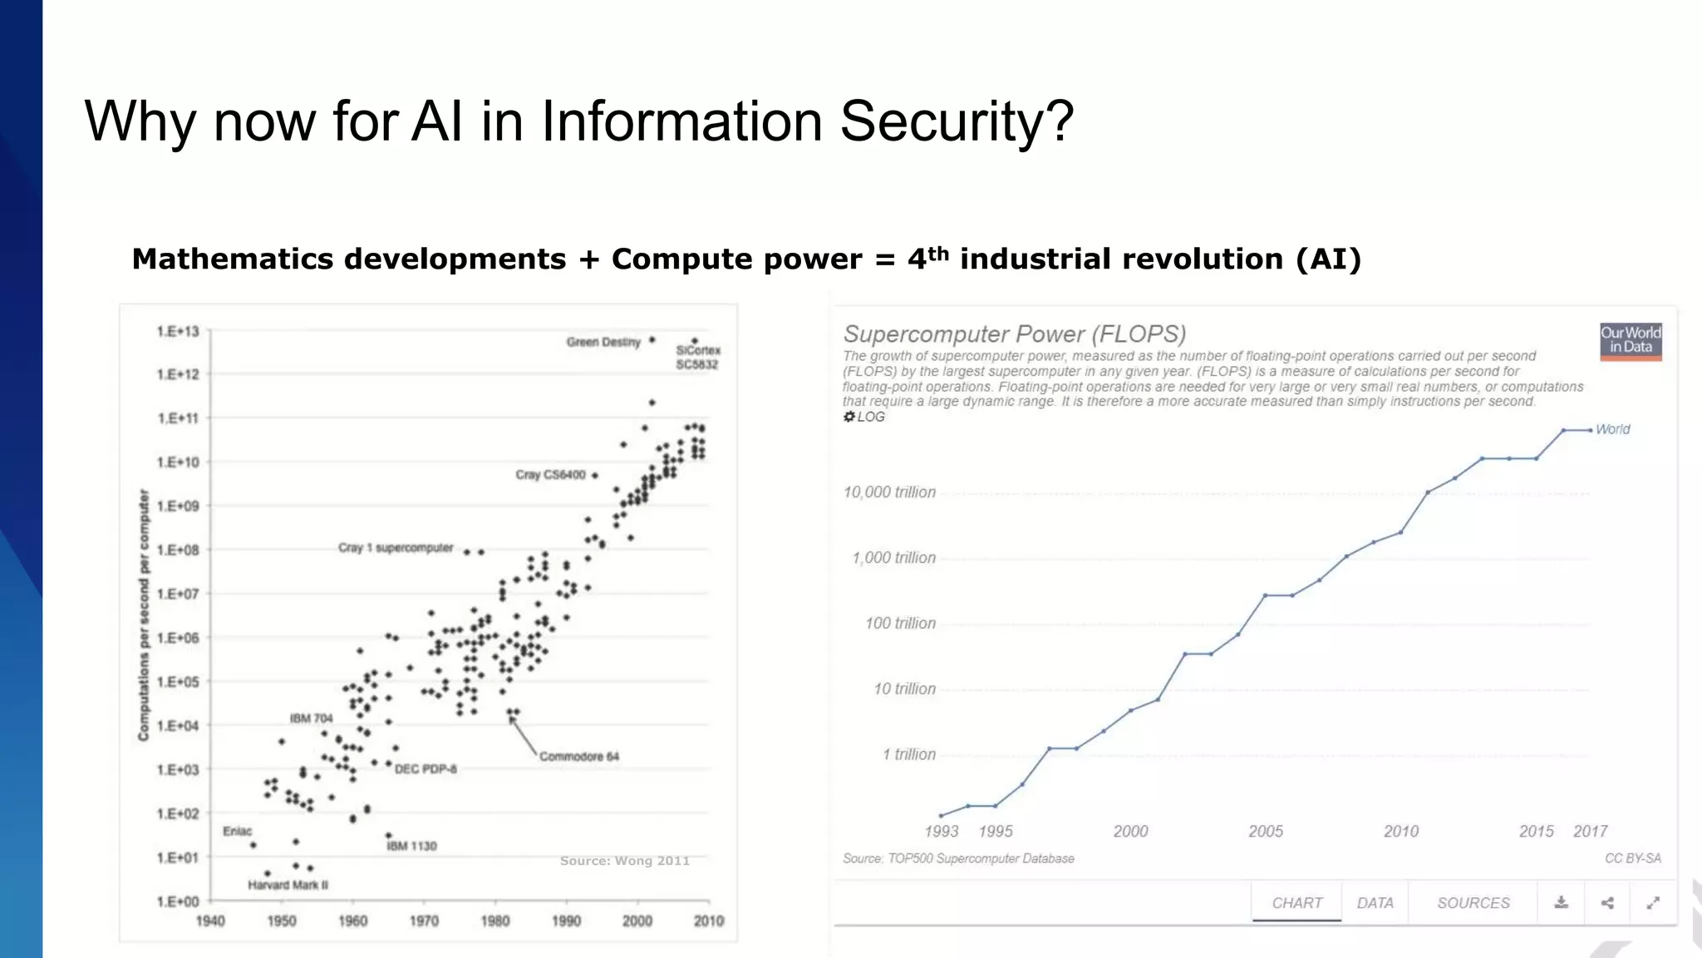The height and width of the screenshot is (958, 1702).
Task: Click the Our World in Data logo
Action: tap(1631, 341)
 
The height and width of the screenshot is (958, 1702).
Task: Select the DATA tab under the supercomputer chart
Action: tap(1375, 902)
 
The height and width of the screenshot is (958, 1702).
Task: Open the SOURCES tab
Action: tap(1473, 902)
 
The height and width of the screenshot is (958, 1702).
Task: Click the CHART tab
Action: tap(1296, 902)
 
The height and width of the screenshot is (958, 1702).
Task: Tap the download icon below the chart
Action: tap(1562, 902)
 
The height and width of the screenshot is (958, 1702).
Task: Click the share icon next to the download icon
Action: tap(1607, 902)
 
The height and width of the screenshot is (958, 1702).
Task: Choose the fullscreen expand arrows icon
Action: tap(1653, 902)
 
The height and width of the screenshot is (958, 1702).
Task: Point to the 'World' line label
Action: tap(1612, 429)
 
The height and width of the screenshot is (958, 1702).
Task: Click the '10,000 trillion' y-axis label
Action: tap(889, 492)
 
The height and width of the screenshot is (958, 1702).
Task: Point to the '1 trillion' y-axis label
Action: tap(908, 754)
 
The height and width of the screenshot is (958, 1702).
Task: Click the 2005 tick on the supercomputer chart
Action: tap(1266, 831)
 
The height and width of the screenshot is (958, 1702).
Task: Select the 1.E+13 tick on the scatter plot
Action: tap(178, 332)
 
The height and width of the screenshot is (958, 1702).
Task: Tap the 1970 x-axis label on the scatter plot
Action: tap(424, 921)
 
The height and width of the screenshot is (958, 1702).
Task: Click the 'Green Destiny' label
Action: tap(603, 342)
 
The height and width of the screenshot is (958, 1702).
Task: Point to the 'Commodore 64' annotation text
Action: tap(579, 756)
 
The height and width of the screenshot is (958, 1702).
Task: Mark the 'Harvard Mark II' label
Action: tap(288, 885)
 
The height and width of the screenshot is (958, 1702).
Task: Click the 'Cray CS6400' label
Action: tap(550, 475)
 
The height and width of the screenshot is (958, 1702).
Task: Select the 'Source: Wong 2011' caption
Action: tap(625, 861)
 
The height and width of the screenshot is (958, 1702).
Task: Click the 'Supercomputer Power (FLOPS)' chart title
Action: tap(1014, 334)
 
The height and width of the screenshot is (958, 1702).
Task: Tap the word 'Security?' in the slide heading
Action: tap(957, 121)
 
